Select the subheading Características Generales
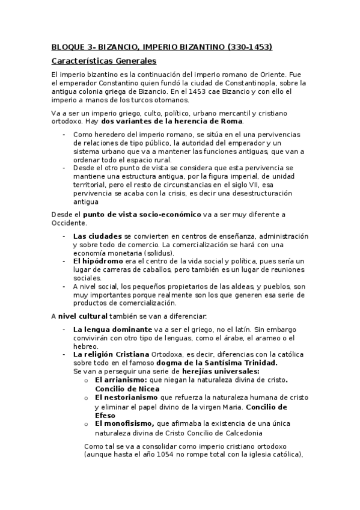click(103, 61)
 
